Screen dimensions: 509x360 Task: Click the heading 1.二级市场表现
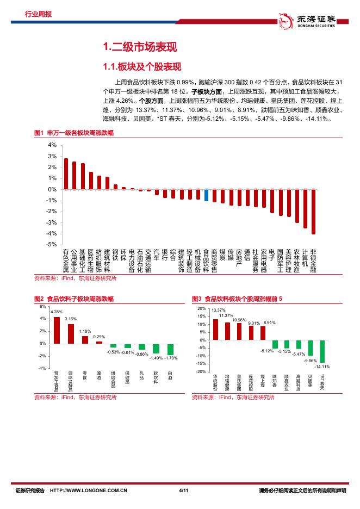[140, 47]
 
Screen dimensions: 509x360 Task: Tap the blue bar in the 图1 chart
[206, 195]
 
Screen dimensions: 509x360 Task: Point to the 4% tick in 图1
[53, 145]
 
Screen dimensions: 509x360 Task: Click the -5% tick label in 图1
[52, 245]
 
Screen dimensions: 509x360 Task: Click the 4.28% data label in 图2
[57, 312]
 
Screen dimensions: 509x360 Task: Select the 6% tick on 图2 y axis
[43, 306]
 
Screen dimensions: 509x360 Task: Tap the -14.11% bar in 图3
[322, 352]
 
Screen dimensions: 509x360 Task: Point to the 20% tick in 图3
[202, 308]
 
